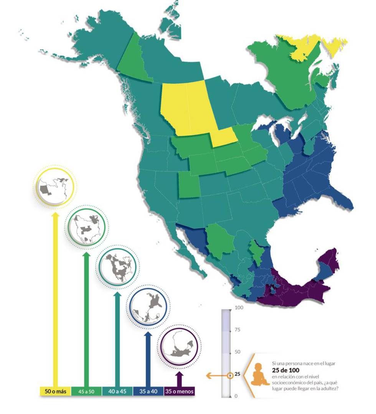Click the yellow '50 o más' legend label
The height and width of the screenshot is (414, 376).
click(x=56, y=391)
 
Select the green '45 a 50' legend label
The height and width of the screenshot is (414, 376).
click(x=86, y=391)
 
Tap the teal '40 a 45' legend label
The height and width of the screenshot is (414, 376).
click(x=117, y=391)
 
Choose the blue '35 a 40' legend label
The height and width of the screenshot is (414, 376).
click(x=148, y=391)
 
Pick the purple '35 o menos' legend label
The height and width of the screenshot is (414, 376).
click(x=179, y=391)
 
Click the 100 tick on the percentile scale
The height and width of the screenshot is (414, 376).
click(x=239, y=308)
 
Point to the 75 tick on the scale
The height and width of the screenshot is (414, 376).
click(x=237, y=330)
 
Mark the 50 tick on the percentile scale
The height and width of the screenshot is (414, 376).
click(x=237, y=352)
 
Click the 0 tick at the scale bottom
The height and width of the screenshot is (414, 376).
click(x=236, y=396)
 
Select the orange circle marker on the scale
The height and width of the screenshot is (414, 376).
click(x=230, y=376)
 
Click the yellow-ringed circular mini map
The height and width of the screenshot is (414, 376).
click(x=54, y=187)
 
